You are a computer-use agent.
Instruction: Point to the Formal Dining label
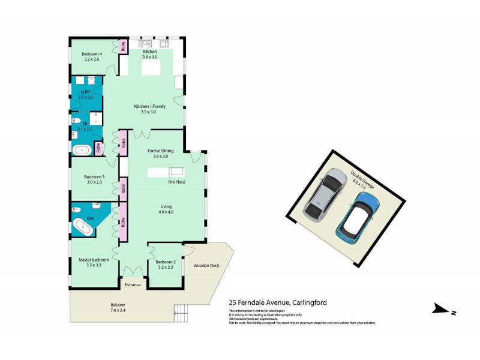click(160, 152)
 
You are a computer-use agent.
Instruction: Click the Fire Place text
click(176, 181)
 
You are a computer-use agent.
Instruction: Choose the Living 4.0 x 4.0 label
click(166, 209)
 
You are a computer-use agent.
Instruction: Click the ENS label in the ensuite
click(91, 219)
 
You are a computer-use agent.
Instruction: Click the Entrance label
click(132, 284)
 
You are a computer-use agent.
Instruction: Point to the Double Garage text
click(362, 179)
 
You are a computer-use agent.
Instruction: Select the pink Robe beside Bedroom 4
click(122, 47)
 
